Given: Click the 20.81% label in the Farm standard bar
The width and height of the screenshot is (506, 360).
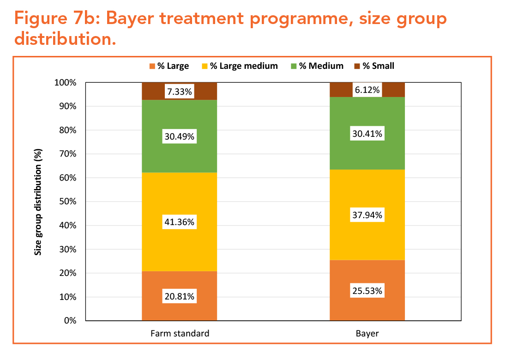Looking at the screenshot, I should (x=180, y=296).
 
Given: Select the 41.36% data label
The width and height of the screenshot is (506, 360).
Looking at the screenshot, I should (x=180, y=222).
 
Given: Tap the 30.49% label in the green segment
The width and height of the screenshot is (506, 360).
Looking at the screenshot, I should (x=180, y=137).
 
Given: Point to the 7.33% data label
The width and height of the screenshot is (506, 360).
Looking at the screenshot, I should (x=180, y=92).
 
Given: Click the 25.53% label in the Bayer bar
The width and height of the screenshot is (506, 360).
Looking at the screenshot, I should (x=367, y=291).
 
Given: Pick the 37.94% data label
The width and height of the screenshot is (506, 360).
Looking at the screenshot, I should (x=367, y=215).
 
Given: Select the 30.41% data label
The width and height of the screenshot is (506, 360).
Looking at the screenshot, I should (x=367, y=134).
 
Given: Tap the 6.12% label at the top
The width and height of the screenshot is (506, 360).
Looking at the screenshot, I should (x=367, y=90).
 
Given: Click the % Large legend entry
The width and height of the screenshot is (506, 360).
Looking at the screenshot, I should (x=169, y=66).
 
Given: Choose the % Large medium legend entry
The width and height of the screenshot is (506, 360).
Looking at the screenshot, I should (x=240, y=66).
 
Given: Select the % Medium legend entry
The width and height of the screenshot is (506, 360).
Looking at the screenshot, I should (x=317, y=66).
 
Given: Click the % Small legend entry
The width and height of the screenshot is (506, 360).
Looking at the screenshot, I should (x=374, y=66).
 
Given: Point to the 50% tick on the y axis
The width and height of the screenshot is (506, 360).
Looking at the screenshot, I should (x=67, y=201).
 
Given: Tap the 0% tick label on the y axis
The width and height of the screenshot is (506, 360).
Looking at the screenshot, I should (x=70, y=321).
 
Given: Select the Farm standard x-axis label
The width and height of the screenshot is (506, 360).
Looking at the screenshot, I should (x=180, y=333).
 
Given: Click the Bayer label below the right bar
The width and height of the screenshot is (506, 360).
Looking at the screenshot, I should (x=367, y=333).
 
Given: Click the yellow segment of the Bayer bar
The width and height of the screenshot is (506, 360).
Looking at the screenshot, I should (x=367, y=240).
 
